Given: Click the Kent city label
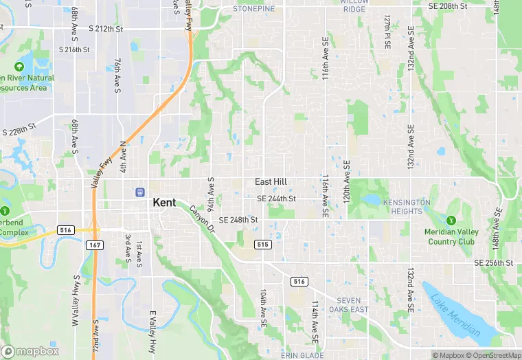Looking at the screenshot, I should (x=163, y=203).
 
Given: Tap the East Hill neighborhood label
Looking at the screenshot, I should (x=271, y=182).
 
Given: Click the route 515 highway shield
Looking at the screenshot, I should (x=262, y=245).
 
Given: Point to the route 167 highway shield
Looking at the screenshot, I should (x=94, y=245).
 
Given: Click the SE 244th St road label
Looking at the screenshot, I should (x=276, y=199).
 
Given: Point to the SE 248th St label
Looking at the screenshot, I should (x=238, y=221).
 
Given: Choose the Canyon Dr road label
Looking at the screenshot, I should (x=202, y=219).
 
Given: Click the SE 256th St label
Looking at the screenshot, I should (x=493, y=263).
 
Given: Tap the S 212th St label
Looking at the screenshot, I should (x=106, y=29).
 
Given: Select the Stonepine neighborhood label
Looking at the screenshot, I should (x=253, y=9).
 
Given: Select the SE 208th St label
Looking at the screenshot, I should (x=447, y=6).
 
